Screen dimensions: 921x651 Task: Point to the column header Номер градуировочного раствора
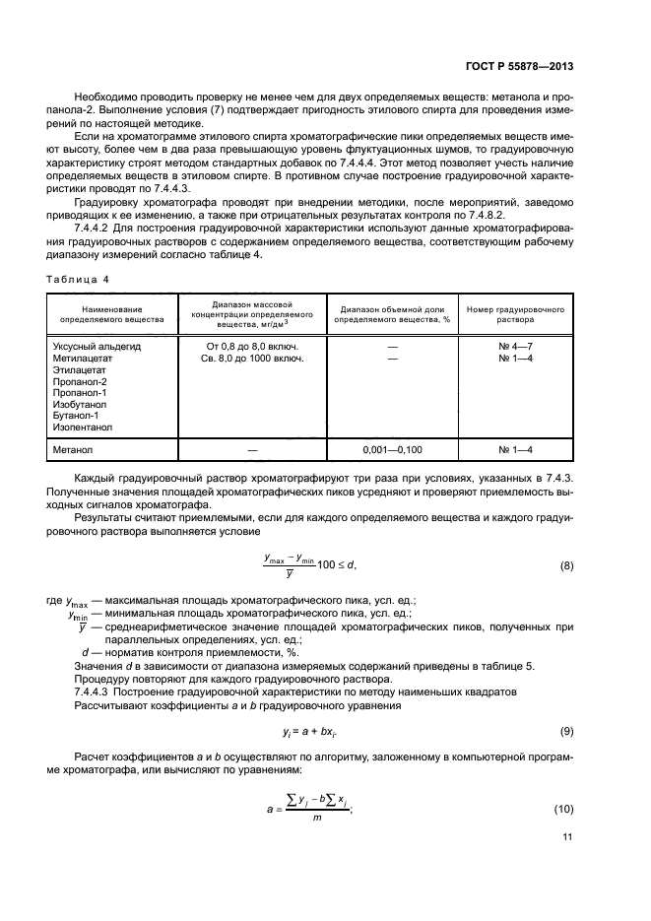[x=515, y=314]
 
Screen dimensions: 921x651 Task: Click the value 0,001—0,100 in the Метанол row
[x=391, y=449]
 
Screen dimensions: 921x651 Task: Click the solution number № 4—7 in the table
[x=515, y=347]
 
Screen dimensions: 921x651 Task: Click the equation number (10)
[x=564, y=809]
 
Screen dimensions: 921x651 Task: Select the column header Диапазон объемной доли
[x=391, y=308]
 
